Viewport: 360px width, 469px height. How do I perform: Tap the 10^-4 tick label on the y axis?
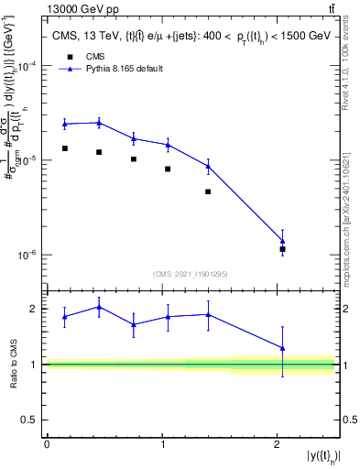tap(27, 67)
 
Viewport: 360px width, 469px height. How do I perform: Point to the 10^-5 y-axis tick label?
tap(27, 161)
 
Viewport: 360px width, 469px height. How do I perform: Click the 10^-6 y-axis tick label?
tap(27, 255)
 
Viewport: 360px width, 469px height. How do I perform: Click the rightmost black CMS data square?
tap(283, 249)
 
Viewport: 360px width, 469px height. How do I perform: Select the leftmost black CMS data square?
tap(65, 148)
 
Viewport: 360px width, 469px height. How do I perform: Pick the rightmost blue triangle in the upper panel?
tap(283, 241)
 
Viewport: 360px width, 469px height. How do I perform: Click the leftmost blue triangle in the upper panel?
tap(65, 124)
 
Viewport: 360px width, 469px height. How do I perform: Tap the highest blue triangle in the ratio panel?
tap(99, 307)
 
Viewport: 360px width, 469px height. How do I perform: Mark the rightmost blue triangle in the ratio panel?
tap(283, 348)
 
